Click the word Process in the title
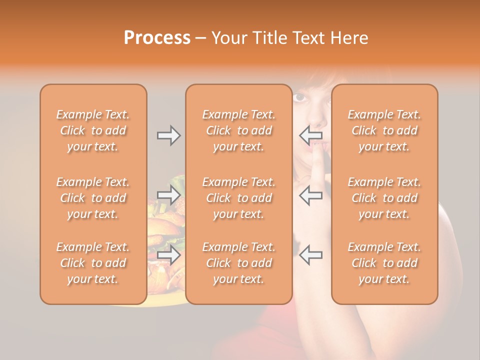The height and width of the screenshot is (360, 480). (x=157, y=37)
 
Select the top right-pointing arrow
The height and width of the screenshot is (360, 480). (x=169, y=135)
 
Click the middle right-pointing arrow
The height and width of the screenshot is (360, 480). (x=169, y=195)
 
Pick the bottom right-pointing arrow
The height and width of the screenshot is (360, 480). (x=169, y=255)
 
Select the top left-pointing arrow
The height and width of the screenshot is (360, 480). (x=310, y=135)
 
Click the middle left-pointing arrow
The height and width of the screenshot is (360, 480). (x=310, y=195)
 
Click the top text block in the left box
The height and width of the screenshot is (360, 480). (x=93, y=130)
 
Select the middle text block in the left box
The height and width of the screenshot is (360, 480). (x=93, y=198)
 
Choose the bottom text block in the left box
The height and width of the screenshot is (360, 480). (x=93, y=263)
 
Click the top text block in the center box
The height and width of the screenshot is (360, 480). (x=238, y=130)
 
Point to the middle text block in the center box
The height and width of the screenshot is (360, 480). (x=238, y=198)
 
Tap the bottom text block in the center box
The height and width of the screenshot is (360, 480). (x=238, y=263)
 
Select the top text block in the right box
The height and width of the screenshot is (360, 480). (x=384, y=130)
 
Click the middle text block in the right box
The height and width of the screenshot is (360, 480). (x=384, y=198)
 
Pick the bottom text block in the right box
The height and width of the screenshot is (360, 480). (x=384, y=263)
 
